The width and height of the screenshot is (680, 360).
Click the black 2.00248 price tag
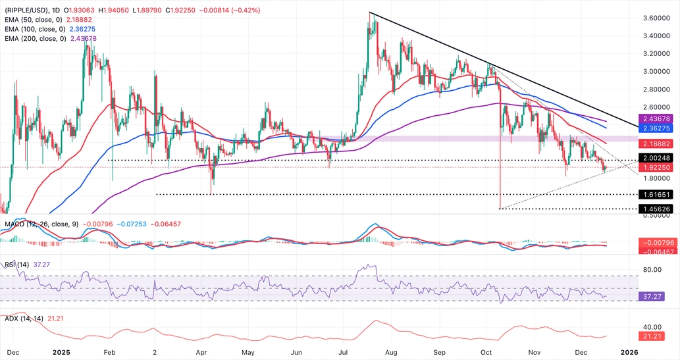[x=654, y=159]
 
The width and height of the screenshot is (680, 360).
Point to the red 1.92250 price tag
[x=654, y=168]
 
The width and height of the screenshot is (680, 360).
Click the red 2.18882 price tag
[x=654, y=143]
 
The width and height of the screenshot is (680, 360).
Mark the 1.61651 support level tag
[x=654, y=195]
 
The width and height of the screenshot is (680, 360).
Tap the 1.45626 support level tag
[x=654, y=209]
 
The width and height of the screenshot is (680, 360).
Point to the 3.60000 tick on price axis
[x=657, y=18]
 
